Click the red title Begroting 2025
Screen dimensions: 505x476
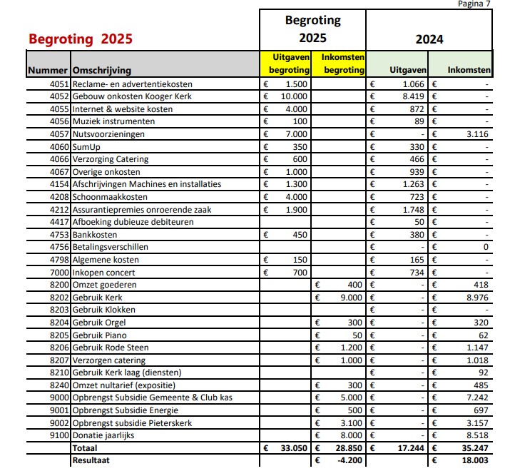click(81, 39)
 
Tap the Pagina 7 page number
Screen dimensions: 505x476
click(474, 4)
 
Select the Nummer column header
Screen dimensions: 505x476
click(48, 70)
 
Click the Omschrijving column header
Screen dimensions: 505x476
click(102, 71)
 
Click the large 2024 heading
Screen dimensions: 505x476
click(429, 39)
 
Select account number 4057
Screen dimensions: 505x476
click(59, 134)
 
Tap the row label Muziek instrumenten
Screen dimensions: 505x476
click(113, 121)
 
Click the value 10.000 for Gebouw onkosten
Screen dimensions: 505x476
click(294, 96)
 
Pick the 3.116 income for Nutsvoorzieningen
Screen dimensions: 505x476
click(477, 134)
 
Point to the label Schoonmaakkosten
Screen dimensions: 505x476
click(110, 197)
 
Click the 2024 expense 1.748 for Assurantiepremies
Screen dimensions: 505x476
click(413, 210)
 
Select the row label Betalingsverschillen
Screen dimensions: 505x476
click(110, 247)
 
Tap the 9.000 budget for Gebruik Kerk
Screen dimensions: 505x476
click(351, 298)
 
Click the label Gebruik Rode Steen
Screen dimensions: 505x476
click(111, 348)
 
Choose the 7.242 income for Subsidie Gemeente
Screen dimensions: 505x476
click(477, 397)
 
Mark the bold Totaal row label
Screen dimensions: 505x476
click(85, 448)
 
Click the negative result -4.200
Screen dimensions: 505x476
click(350, 460)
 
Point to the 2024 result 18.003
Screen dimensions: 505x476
click(475, 460)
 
